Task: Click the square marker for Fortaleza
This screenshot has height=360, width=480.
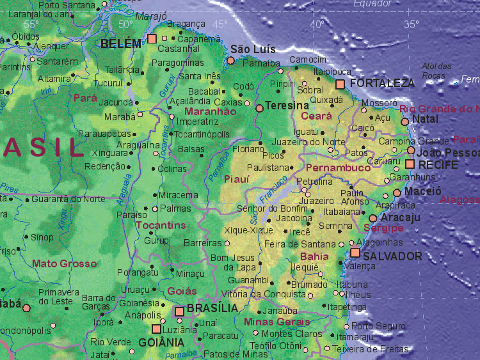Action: pos(340,84)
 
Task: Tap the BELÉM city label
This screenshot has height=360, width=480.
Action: pos(121,43)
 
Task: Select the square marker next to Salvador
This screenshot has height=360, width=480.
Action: pos(355,253)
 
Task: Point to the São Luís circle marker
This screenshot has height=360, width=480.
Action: pos(230,61)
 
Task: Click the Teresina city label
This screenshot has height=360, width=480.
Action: pos(287,106)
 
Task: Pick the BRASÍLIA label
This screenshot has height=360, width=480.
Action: pos(212,308)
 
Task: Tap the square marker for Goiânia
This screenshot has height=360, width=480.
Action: pos(156,329)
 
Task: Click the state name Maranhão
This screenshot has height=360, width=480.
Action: pos(211,111)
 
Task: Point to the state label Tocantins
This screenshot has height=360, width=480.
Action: pos(160,225)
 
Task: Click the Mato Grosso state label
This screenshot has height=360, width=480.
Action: pos(65,263)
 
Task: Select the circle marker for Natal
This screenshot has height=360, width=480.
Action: pos(404,121)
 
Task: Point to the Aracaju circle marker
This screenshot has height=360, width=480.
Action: pos(373,218)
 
